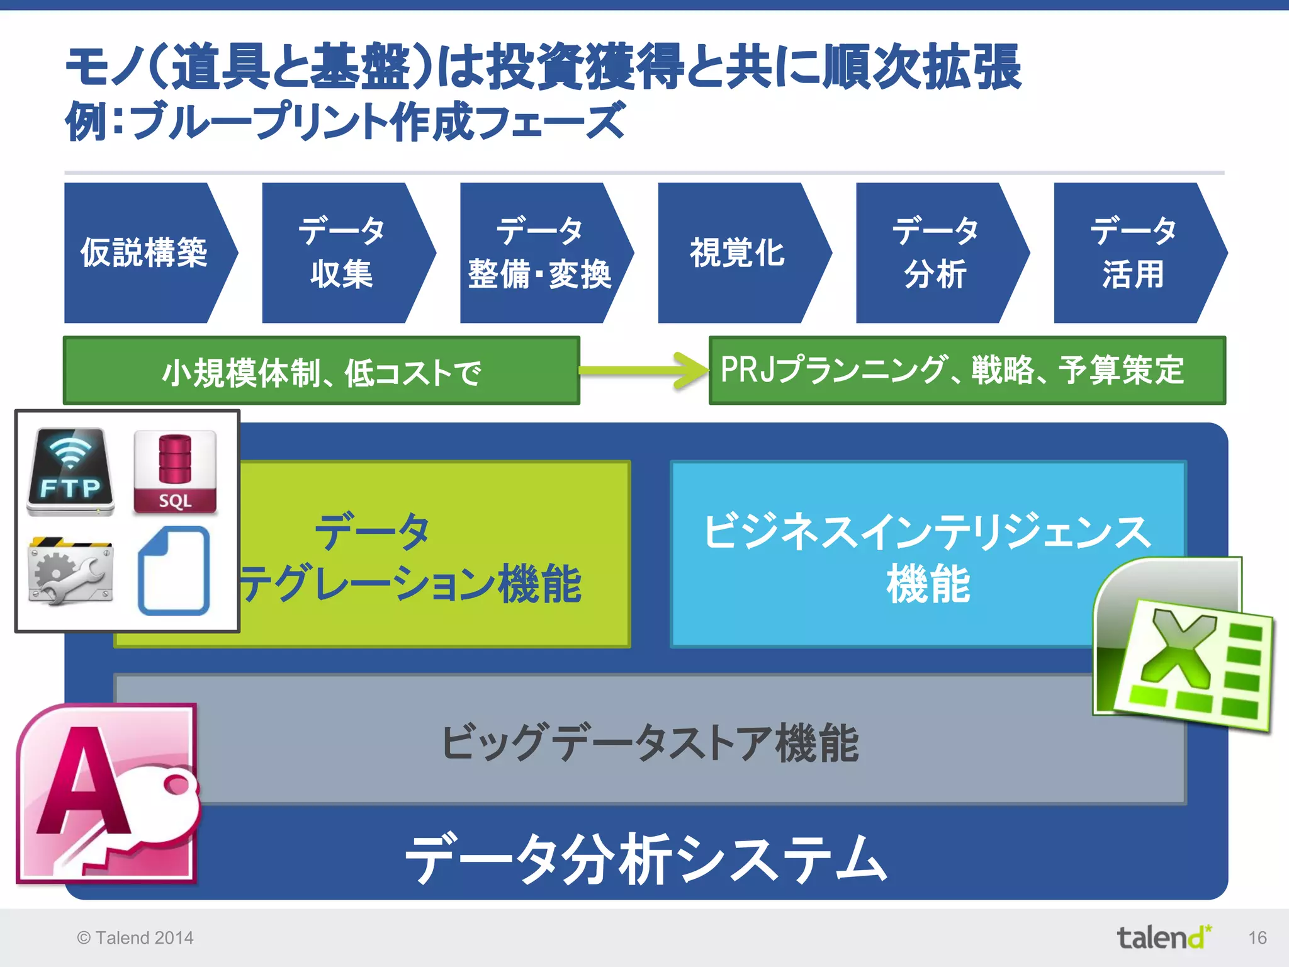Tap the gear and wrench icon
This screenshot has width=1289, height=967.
(70, 572)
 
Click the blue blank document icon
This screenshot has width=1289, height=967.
(174, 570)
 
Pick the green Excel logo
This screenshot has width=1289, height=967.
(1183, 648)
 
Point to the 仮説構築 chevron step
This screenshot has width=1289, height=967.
(145, 253)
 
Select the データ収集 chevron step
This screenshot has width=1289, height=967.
(342, 253)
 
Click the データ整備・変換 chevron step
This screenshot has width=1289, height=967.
(540, 253)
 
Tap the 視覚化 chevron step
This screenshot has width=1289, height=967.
(738, 253)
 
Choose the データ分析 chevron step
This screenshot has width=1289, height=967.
(936, 253)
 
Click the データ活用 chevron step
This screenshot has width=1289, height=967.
(1133, 253)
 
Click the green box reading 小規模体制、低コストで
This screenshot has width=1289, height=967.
(321, 371)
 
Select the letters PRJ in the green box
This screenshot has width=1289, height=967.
(746, 370)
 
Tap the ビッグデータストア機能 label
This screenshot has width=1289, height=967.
(650, 743)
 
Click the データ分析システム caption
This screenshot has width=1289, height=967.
(646, 860)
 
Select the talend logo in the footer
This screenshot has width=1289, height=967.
(1163, 937)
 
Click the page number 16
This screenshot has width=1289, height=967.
(1257, 938)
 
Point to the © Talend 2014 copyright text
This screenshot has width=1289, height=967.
(135, 938)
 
